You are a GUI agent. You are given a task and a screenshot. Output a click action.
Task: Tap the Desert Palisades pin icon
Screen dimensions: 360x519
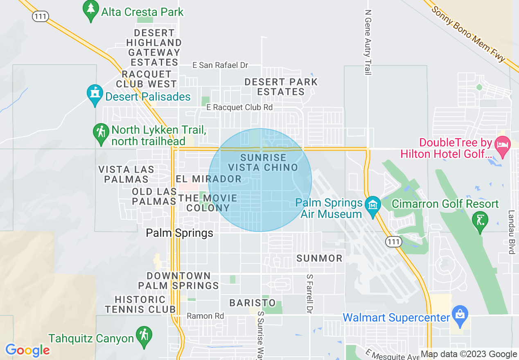click(x=95, y=94)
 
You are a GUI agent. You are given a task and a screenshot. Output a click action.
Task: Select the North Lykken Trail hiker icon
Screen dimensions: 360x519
click(x=101, y=133)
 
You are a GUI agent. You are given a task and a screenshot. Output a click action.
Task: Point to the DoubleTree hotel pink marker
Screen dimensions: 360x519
click(x=501, y=146)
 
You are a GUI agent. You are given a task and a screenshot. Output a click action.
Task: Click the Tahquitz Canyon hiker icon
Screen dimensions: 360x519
click(x=144, y=336)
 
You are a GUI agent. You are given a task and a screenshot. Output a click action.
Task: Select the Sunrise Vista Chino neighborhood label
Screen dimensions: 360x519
click(x=263, y=162)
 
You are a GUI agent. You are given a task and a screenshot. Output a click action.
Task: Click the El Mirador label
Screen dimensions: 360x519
click(x=209, y=179)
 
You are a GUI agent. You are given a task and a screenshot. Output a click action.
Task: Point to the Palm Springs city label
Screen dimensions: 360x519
click(x=180, y=233)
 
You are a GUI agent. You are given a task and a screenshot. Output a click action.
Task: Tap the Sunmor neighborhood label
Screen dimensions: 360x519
click(x=319, y=258)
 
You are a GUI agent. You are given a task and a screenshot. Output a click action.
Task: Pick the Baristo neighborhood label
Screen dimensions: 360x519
click(x=252, y=303)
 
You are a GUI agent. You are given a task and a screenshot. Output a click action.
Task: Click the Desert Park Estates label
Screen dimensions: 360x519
click(x=281, y=87)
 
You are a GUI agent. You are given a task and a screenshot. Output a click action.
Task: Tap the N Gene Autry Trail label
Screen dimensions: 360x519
click(x=368, y=43)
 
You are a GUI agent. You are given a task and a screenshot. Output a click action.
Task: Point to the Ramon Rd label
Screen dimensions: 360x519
click(x=205, y=316)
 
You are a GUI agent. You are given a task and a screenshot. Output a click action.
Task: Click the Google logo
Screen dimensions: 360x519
click(x=27, y=350)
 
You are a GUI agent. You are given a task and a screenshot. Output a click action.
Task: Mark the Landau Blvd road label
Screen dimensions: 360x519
click(x=511, y=232)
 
